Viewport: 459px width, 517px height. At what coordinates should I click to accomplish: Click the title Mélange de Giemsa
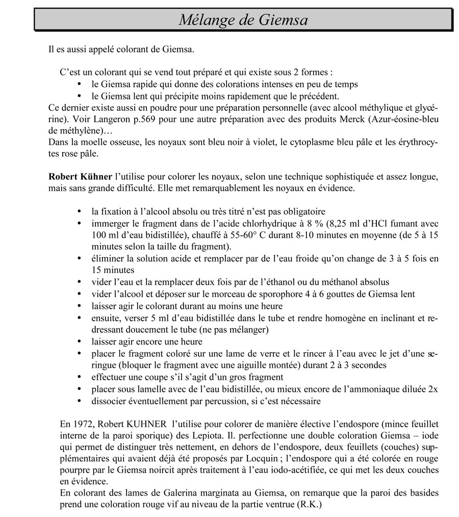coord(243,20)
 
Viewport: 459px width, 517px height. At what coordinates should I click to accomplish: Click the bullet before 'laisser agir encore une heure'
coord(79,341)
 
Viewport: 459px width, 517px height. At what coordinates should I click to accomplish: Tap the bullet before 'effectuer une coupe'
coord(79,377)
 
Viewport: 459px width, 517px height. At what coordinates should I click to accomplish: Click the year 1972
coord(83,424)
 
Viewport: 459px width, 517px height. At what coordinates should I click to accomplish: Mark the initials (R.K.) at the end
coord(309,505)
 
